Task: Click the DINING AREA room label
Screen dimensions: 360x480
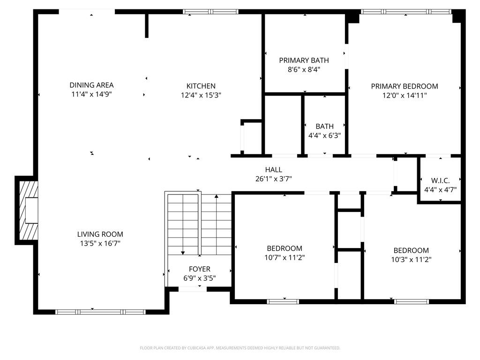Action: (91, 85)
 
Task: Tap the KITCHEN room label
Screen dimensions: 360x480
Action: (201, 86)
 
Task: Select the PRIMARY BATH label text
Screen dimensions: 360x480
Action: (304, 60)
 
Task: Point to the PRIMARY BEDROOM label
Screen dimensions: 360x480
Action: (405, 86)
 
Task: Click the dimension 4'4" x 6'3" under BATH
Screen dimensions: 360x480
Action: (324, 135)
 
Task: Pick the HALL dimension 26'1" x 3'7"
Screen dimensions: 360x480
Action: (274, 179)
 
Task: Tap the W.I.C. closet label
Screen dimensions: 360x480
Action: (440, 180)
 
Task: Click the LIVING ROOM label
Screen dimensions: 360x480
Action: (100, 234)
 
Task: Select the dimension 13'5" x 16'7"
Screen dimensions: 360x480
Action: (100, 243)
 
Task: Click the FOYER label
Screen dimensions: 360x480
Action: (200, 269)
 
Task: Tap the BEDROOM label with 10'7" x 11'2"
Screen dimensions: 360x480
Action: (285, 248)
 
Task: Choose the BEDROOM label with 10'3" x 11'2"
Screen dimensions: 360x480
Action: (411, 250)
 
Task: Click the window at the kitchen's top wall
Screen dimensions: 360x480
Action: (210, 12)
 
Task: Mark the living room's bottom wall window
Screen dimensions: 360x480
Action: (100, 312)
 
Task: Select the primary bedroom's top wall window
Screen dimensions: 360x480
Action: (406, 12)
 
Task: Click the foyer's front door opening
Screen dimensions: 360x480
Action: (193, 289)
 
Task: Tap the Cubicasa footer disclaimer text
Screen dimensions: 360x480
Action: (240, 348)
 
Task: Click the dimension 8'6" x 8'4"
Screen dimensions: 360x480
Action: (304, 69)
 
